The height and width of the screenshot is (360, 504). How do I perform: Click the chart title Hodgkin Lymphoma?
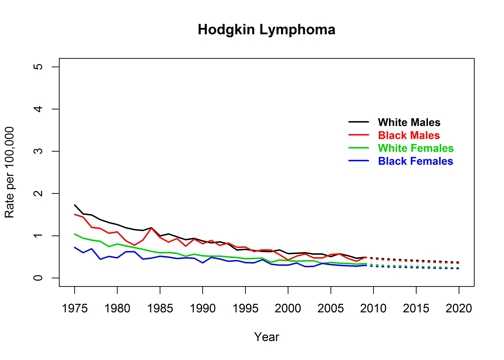tap(267, 31)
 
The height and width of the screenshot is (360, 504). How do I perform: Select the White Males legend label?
tap(409, 123)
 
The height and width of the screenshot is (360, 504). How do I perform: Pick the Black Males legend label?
tap(409, 136)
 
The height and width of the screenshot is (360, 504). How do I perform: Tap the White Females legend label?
tap(415, 148)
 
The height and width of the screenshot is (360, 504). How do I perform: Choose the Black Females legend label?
tap(415, 161)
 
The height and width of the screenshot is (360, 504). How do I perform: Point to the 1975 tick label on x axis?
tap(75, 306)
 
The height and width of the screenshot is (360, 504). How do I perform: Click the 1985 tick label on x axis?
tap(160, 306)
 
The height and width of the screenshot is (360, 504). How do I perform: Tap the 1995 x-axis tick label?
tap(245, 306)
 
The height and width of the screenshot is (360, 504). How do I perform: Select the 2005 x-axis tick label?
tap(330, 306)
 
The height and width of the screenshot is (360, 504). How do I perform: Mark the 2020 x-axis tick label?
tap(458, 306)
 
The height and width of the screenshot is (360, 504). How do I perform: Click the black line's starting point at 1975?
tap(75, 204)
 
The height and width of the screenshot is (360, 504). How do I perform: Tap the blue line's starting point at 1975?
tap(75, 247)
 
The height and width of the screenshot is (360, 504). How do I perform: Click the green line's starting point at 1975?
tap(75, 234)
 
